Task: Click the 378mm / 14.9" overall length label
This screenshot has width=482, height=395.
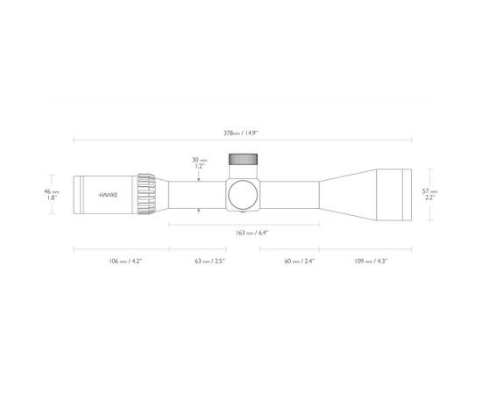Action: point(241,133)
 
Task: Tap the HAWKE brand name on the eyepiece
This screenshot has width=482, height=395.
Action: point(108,195)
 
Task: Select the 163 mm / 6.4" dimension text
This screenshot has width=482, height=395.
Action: point(252,233)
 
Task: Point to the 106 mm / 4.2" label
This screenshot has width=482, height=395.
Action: point(125,261)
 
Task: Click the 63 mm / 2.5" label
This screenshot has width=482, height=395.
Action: point(210,261)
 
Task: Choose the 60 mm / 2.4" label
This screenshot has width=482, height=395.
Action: point(300,261)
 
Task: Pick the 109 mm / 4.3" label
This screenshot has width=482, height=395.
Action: point(371,261)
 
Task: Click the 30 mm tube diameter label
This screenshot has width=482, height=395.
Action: point(200,160)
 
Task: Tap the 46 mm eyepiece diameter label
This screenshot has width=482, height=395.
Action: point(52,191)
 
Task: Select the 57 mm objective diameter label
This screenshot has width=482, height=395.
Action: point(430,191)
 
